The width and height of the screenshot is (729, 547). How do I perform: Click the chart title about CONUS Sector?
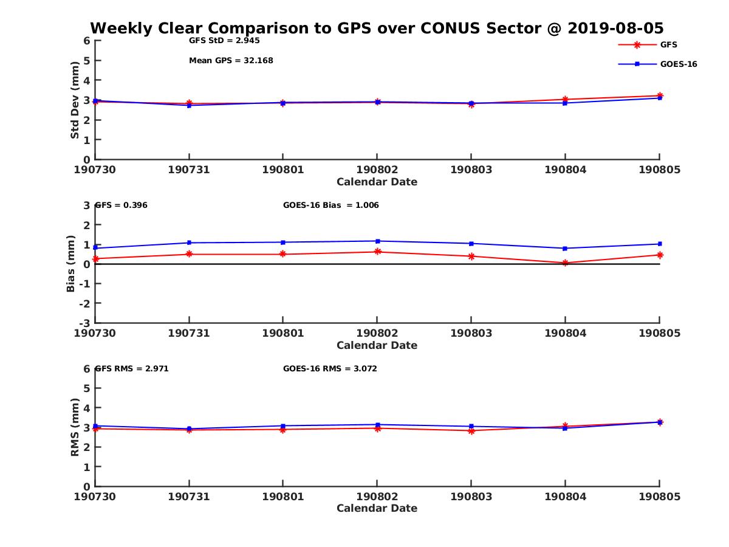point(377,28)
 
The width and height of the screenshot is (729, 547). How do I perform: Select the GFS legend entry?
point(668,44)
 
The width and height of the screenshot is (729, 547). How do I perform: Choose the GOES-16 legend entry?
point(678,64)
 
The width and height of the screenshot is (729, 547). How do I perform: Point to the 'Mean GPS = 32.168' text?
point(231,61)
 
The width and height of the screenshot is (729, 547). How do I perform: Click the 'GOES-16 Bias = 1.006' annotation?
point(331,205)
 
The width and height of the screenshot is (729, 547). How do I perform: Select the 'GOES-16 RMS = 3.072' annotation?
point(330,368)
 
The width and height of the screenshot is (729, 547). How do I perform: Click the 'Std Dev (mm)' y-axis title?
point(75,100)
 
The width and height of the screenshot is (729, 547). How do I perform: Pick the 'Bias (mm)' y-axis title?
point(71,263)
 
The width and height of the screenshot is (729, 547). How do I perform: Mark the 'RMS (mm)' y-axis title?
point(75,427)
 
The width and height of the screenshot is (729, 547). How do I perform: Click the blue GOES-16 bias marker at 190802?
point(377,241)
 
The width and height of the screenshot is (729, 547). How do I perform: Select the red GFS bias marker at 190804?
point(565,263)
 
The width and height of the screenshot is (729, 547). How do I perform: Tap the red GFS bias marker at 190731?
point(190,254)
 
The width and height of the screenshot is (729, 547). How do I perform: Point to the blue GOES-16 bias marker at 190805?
point(660,244)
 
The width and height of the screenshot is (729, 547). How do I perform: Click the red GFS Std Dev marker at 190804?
point(565,99)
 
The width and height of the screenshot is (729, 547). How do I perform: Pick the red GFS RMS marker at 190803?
point(471,431)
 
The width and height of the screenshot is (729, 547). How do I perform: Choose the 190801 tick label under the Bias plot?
point(282,333)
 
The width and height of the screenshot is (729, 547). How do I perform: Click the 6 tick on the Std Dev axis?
point(87,41)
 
